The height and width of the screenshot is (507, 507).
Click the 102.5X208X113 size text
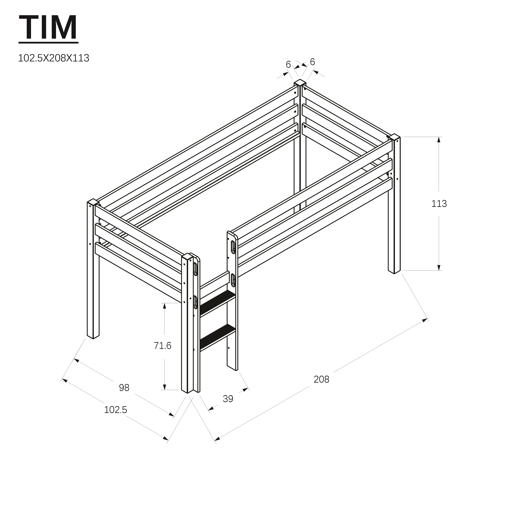pos(54,58)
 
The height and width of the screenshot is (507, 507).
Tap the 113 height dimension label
pos(439,204)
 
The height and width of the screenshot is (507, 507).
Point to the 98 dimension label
pos(124,388)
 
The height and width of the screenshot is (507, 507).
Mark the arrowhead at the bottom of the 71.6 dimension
pos(165,387)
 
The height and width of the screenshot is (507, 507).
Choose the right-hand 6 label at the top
pos(312,62)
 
